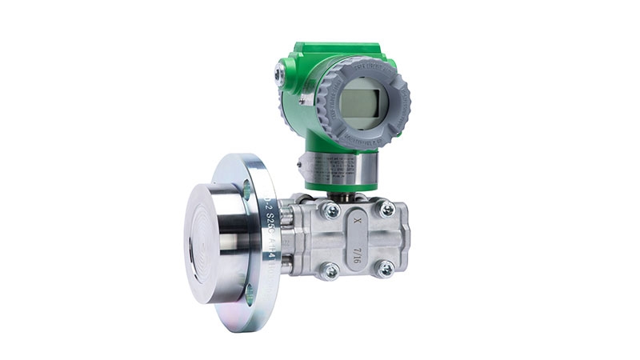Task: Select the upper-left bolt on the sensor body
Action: pos(330,210)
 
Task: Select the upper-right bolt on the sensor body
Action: pos(386,209)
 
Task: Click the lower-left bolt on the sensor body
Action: pos(329,272)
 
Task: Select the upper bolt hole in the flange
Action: pos(247,190)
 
